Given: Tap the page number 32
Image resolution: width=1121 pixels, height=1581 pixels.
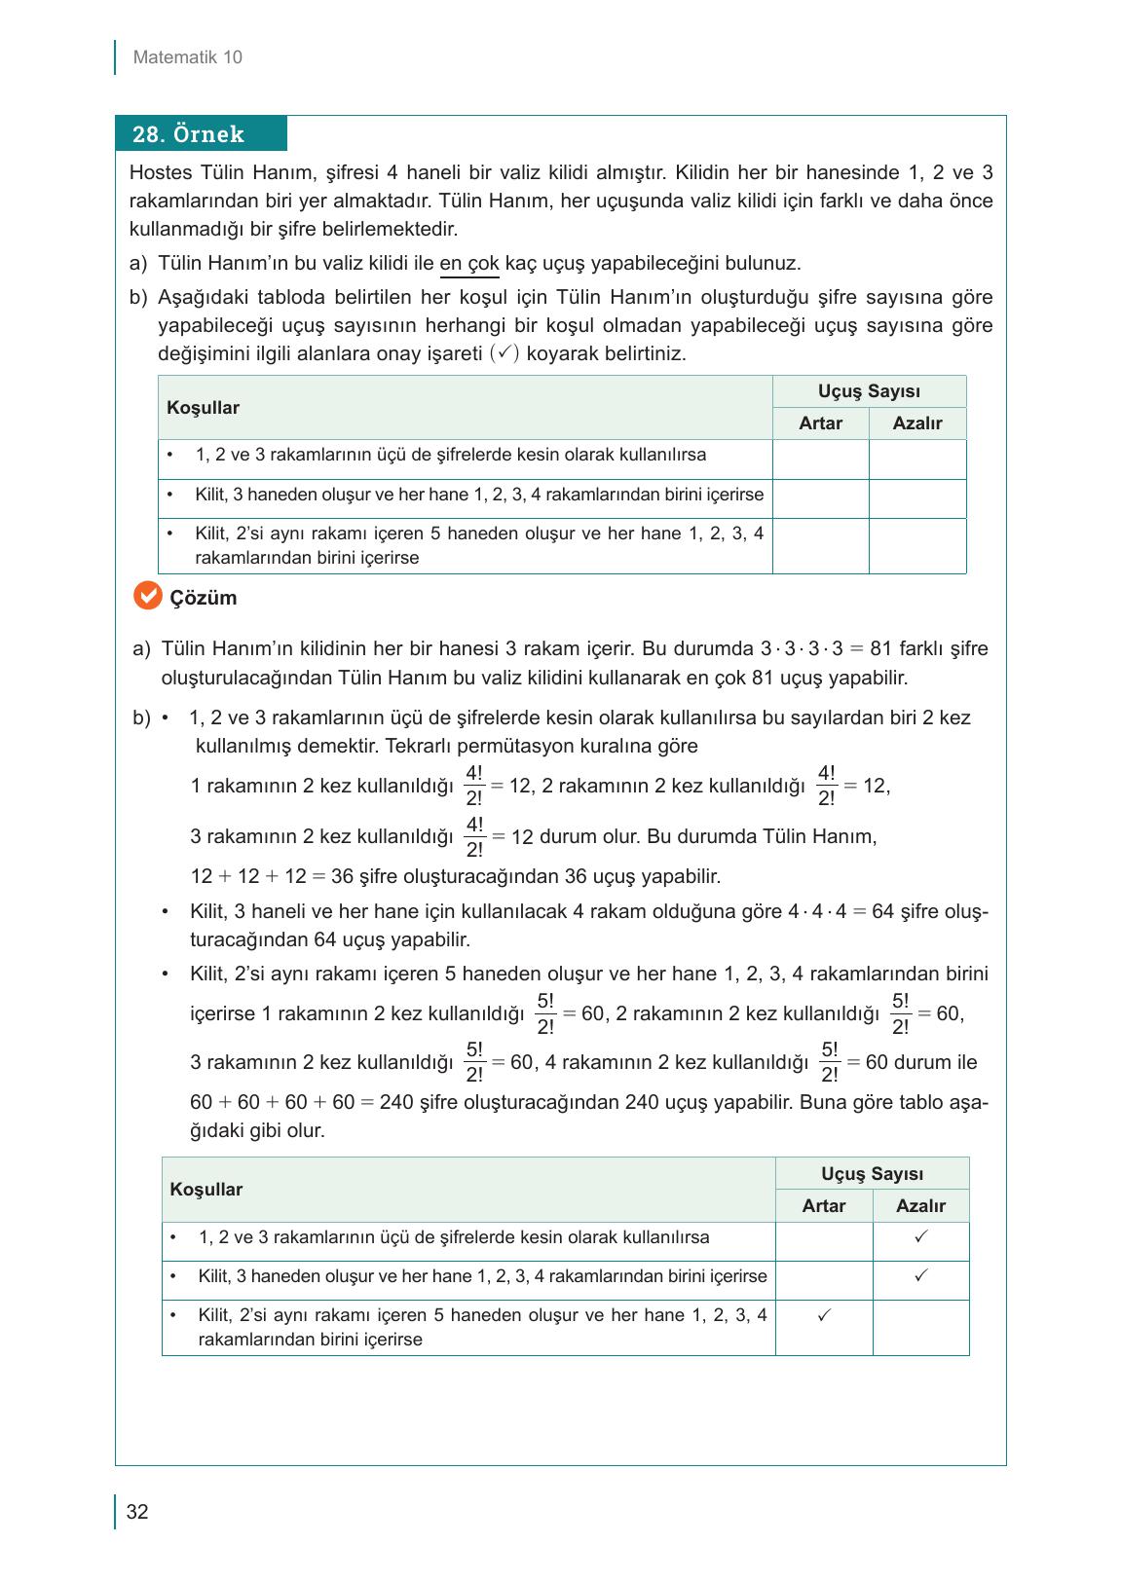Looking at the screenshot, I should (x=137, y=1512).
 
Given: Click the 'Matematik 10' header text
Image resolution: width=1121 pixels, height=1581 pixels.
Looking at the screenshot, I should (x=187, y=57).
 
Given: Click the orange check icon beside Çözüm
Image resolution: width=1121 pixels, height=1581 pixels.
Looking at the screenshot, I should (x=146, y=596).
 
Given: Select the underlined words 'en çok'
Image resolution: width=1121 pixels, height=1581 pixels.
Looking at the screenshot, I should (x=469, y=263).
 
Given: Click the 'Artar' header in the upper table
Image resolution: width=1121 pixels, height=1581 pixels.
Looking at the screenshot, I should (x=820, y=423).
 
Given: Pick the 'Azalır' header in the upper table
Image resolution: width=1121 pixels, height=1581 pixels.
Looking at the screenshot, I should (x=916, y=423).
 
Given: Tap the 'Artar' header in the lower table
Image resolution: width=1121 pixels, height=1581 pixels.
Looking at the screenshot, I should (x=823, y=1205).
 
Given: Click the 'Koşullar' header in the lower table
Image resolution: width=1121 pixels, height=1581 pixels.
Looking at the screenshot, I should (x=206, y=1189).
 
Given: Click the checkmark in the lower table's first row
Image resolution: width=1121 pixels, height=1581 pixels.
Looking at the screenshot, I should (x=920, y=1236).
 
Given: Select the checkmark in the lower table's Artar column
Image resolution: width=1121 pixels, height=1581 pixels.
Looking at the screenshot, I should (x=824, y=1314).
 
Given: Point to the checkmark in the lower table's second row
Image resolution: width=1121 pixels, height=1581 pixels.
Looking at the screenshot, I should (x=920, y=1275).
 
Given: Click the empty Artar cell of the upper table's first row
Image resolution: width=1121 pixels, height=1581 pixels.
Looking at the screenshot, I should (x=820, y=459).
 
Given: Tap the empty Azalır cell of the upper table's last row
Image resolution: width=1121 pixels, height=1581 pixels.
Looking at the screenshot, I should (x=916, y=546).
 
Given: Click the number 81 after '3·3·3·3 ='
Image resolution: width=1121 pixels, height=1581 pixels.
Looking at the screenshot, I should (x=881, y=649).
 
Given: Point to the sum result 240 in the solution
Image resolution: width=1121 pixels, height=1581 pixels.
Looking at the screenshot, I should (x=396, y=1103).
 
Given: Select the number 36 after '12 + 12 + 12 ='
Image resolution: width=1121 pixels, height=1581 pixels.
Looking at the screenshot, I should (x=343, y=876).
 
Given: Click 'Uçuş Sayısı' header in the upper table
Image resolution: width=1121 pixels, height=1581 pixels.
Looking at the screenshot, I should (x=869, y=391).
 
